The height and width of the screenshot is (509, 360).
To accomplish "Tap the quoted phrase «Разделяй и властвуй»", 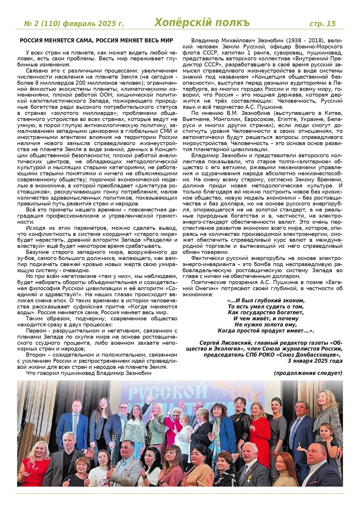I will (151, 243).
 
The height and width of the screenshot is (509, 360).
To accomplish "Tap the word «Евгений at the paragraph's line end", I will (333, 282).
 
